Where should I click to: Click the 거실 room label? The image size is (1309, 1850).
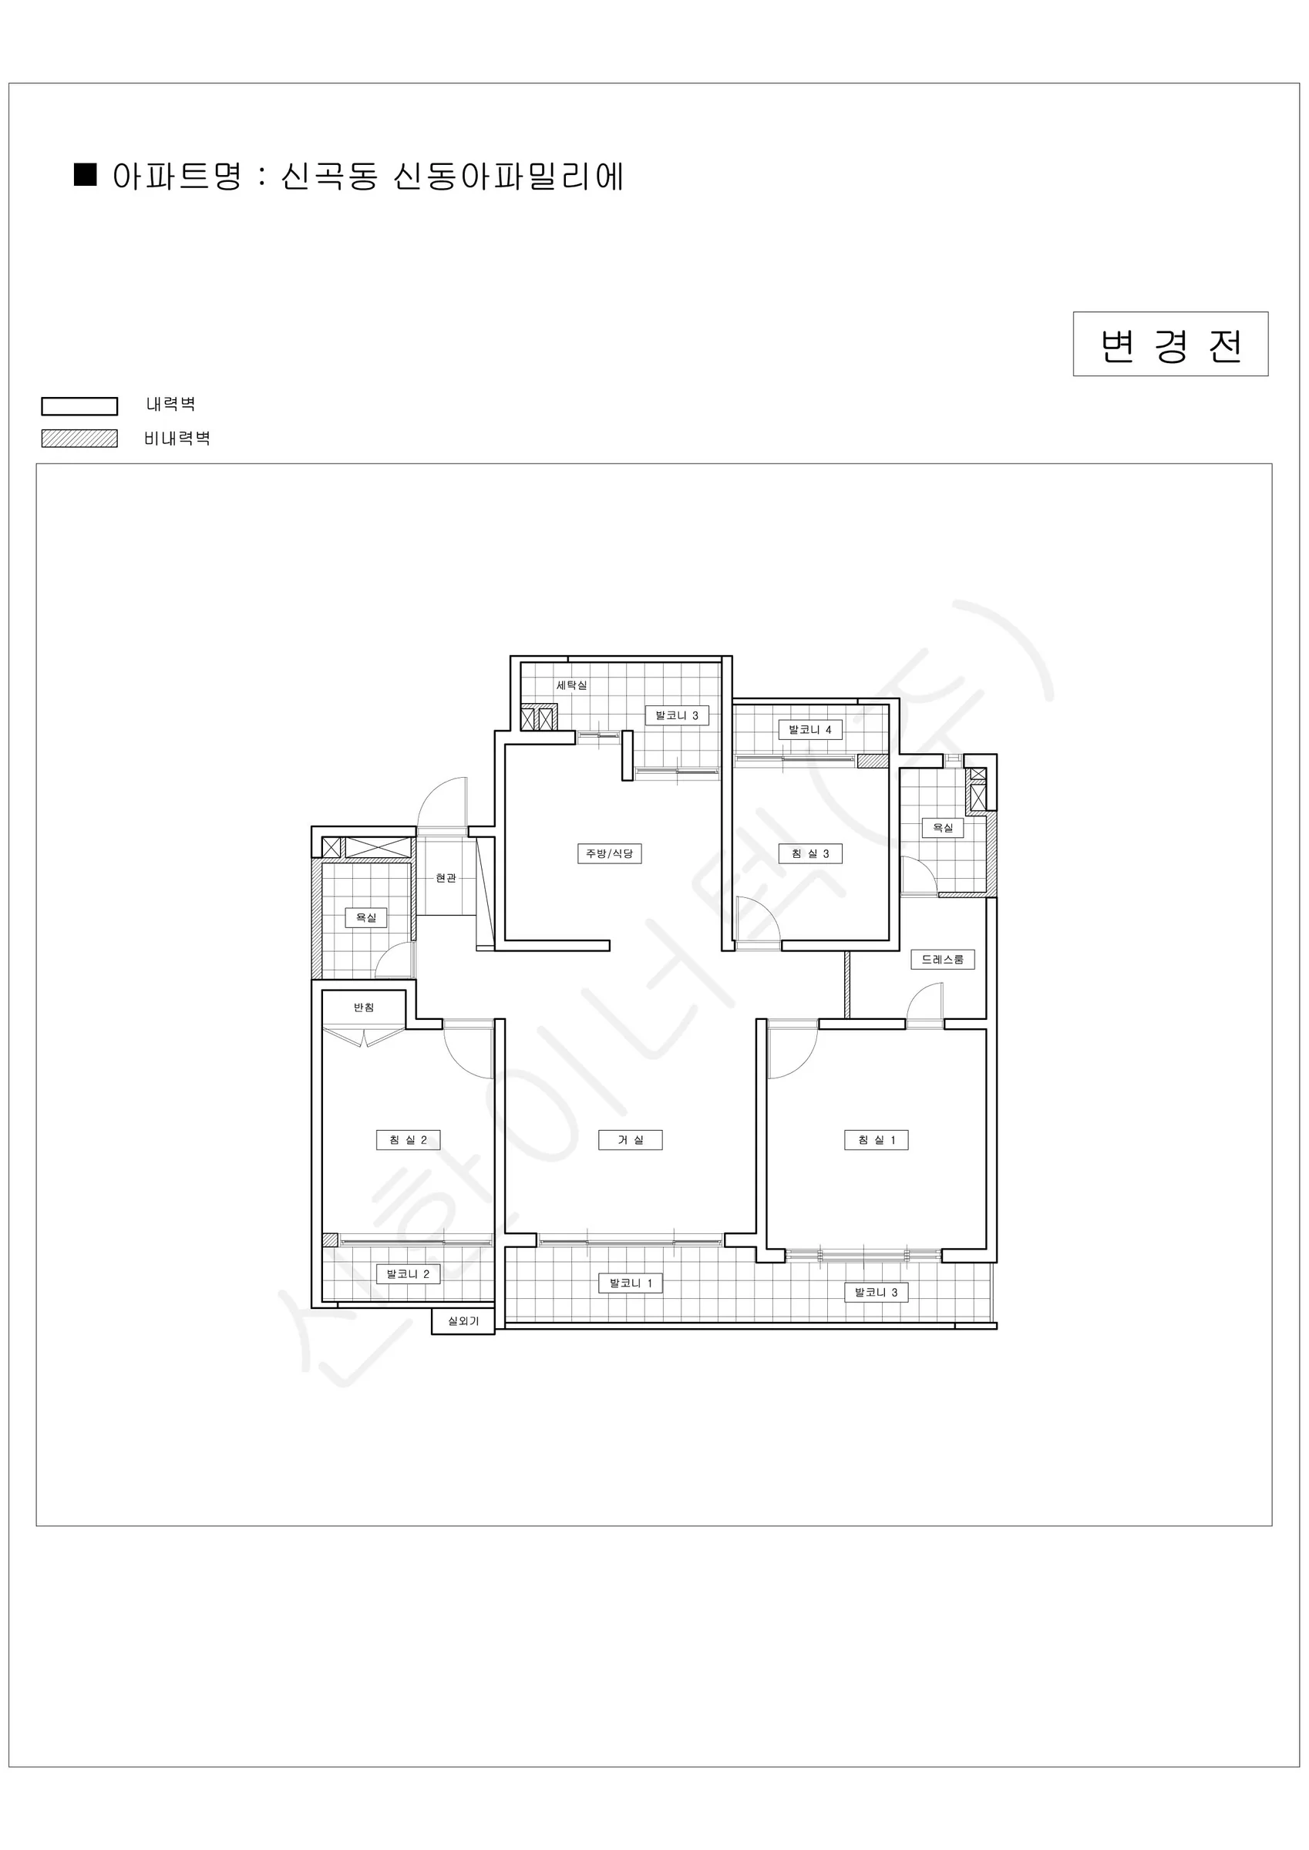click(631, 1139)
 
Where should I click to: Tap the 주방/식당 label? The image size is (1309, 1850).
click(609, 853)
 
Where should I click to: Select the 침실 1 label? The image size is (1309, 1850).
click(877, 1139)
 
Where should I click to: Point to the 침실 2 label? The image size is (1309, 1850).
click(408, 1139)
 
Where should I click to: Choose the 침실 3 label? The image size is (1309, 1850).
click(810, 853)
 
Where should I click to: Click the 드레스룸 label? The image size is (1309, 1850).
click(942, 959)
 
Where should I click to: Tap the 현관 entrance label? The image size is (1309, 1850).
click(446, 877)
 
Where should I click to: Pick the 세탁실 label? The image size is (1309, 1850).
click(571, 685)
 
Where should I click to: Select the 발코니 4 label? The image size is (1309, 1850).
click(810, 729)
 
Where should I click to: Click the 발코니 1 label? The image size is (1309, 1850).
click(631, 1283)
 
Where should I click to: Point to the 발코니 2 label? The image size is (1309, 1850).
click(408, 1274)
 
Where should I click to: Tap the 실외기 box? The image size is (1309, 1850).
click(463, 1321)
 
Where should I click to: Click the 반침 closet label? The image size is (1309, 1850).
click(364, 1007)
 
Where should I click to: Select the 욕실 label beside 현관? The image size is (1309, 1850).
click(366, 917)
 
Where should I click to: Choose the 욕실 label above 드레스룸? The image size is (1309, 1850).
click(942, 828)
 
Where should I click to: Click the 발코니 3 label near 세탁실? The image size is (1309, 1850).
click(677, 715)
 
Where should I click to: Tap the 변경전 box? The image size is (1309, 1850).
click(1170, 344)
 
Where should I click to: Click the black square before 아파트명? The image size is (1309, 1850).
click(86, 175)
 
